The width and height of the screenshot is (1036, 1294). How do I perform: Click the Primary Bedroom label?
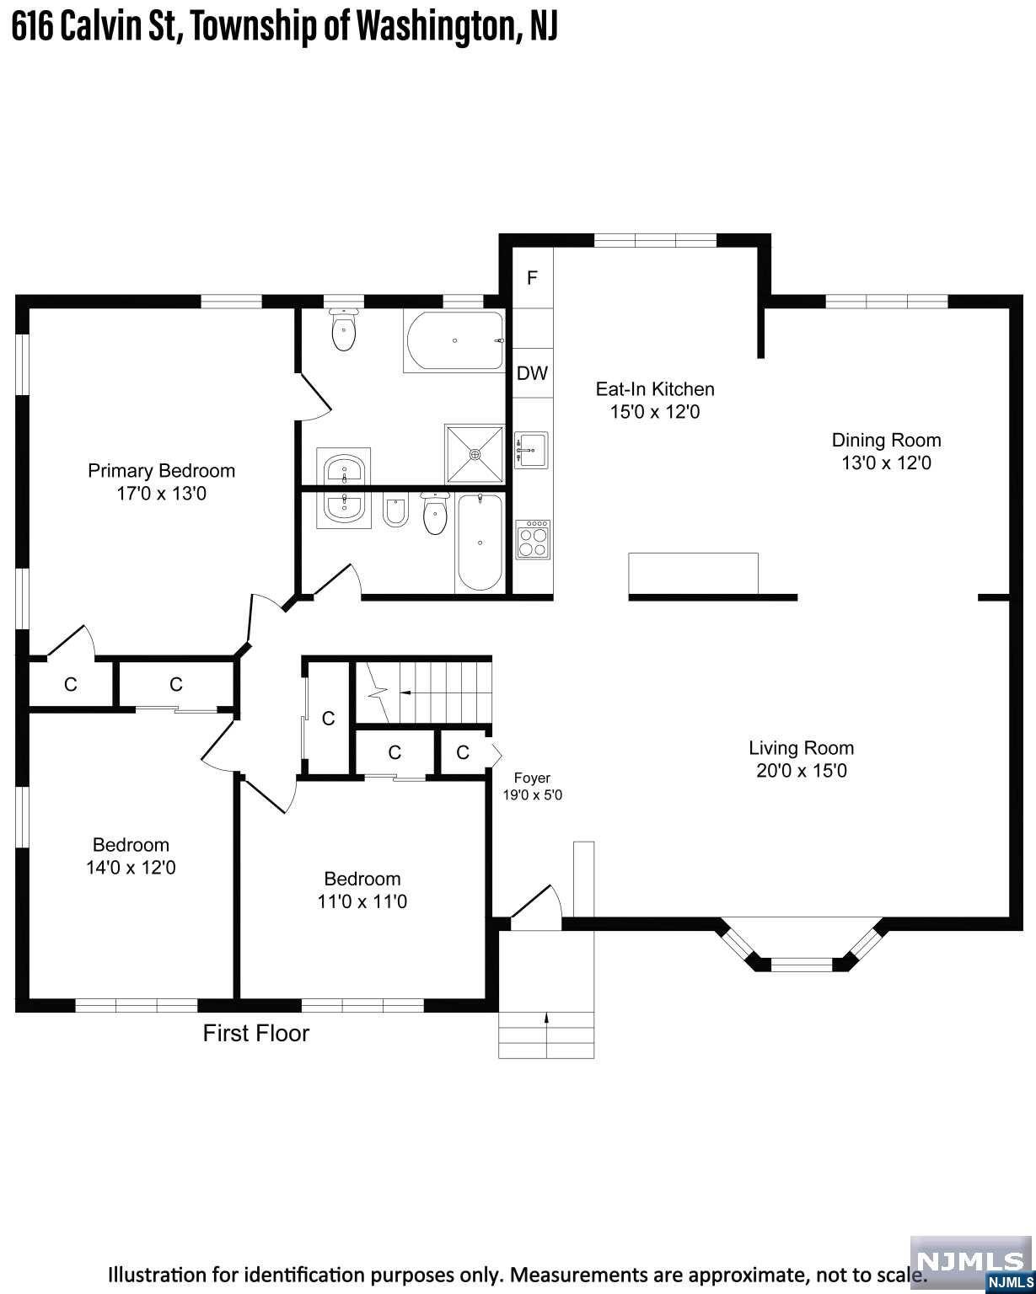161,470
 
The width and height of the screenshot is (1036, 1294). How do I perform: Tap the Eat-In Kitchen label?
655,389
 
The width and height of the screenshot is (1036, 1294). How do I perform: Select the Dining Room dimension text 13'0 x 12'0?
886,463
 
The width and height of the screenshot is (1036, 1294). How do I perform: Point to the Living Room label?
801,748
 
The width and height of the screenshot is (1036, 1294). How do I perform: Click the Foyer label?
532,778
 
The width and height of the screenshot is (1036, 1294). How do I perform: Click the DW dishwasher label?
532,373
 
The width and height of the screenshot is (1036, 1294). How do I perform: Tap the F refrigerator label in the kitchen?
532,278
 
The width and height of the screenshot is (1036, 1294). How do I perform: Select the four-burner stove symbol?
533,539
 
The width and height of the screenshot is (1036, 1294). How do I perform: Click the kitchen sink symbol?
531,450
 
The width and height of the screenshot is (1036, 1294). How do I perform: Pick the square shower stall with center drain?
474,454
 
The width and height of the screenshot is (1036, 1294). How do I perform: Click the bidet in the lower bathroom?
395,511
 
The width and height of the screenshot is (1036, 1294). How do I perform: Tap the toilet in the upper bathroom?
344,329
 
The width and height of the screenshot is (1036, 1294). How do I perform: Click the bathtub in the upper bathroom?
455,340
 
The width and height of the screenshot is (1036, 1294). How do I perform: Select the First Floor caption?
255,1033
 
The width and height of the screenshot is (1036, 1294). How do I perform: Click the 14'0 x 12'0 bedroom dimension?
131,868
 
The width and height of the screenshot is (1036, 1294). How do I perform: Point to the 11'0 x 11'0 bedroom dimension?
362,901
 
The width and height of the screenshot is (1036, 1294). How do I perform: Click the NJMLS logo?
972,1265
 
